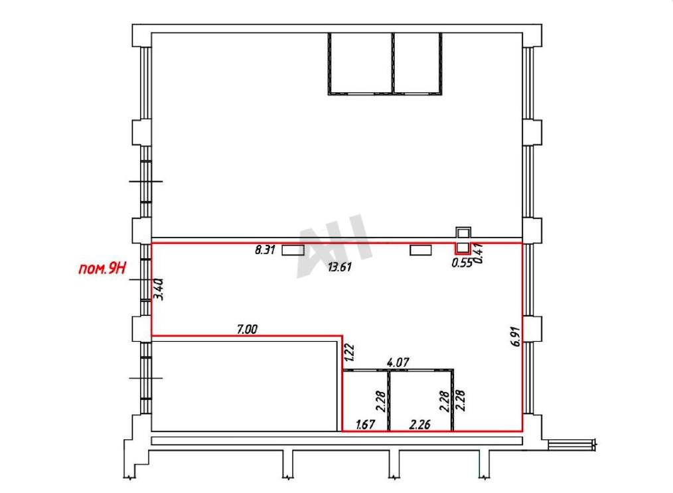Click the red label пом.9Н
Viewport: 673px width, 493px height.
pos(103,269)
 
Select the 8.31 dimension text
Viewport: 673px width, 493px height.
pos(265,249)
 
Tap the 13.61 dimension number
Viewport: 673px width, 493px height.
pos(340,267)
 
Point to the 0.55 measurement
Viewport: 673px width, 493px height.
pos(462,263)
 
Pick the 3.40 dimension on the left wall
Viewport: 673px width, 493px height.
pos(159,289)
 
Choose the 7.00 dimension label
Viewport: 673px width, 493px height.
pos(247,329)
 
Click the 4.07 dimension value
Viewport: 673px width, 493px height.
pos(398,362)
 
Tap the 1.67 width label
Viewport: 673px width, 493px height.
pos(365,425)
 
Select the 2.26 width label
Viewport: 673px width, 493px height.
pos(419,425)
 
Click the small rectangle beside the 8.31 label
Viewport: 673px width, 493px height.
pos(293,249)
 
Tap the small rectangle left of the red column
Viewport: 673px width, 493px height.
pos(421,249)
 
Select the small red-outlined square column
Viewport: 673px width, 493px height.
pos(463,248)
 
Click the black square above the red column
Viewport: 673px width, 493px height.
pos(463,232)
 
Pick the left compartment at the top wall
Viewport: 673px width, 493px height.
pos(360,63)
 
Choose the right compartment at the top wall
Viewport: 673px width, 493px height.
pos(417,63)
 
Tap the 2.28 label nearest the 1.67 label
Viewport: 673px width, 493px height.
pos(382,401)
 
